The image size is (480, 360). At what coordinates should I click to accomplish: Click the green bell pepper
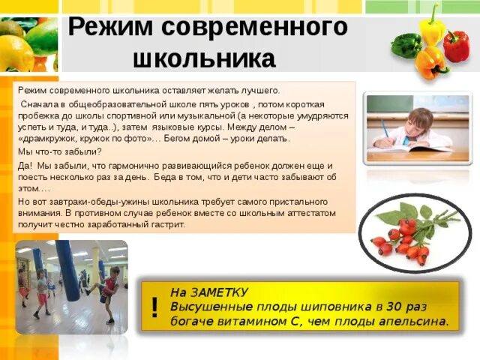coord(406,45)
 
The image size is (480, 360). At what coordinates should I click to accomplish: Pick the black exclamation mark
coord(155,307)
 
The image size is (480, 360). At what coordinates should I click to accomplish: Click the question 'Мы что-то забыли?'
coord(54,151)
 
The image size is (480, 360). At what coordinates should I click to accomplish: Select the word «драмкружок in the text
coord(46,139)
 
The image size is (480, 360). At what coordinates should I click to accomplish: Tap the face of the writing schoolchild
coord(421,121)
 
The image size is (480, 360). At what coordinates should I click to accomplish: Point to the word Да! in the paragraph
coord(24,165)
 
